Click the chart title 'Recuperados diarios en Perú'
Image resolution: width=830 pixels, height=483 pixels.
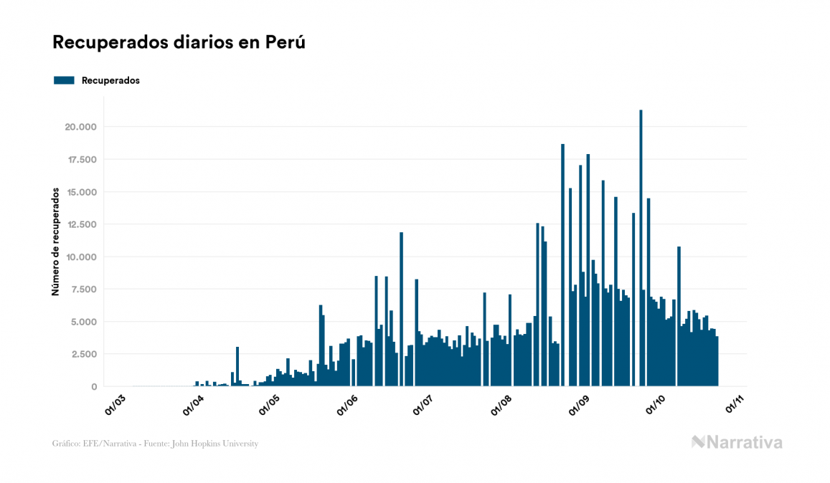(x=179, y=42)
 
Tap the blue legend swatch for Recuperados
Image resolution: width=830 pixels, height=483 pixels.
(x=64, y=80)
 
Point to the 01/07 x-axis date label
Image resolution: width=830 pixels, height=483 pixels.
(x=423, y=405)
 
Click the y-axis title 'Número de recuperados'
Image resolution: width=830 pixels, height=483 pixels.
(x=55, y=242)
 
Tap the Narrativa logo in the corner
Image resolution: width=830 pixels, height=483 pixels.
(x=737, y=442)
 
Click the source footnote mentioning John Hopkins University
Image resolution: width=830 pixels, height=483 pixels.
(x=155, y=444)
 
